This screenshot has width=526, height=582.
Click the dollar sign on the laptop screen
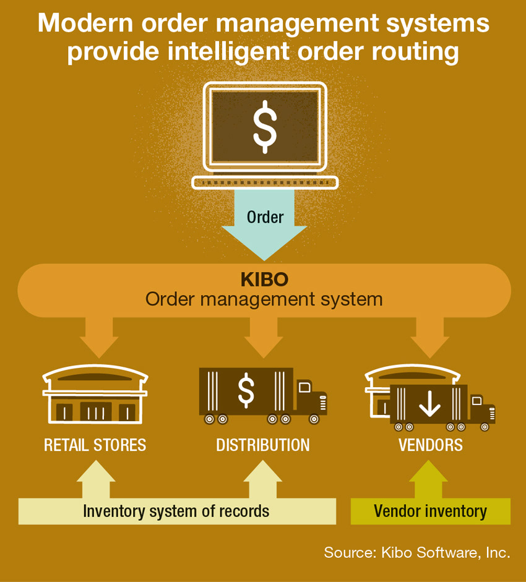265,126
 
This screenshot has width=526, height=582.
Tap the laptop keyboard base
265,182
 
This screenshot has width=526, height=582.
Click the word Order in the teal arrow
265,217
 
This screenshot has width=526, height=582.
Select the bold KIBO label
264,280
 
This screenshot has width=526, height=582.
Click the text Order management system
264,299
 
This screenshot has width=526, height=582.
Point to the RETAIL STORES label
95,445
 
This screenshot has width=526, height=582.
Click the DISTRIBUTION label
263,445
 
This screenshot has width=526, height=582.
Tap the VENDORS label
430,445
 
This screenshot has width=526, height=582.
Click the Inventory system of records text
176,511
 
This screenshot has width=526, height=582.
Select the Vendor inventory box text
430,511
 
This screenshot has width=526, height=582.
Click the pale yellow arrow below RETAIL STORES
95,480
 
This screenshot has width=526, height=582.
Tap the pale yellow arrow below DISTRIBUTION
263,480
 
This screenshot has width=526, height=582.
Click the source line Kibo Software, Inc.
416,552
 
